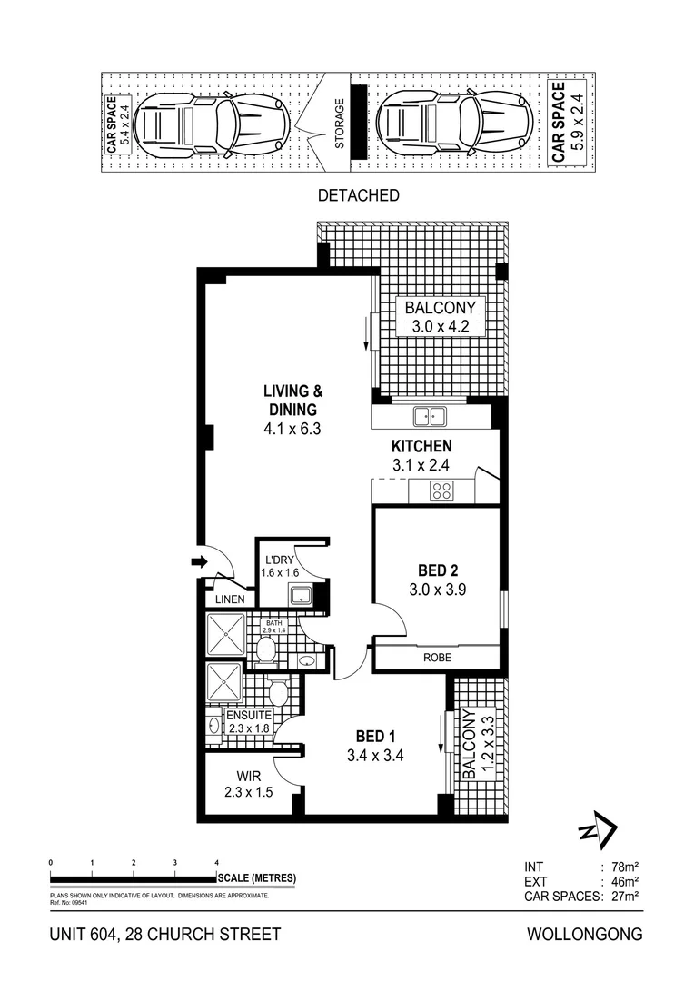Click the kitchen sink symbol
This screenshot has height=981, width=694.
(x=428, y=417)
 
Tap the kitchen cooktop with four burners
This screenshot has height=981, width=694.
(x=441, y=491)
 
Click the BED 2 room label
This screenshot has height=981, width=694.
(x=437, y=570)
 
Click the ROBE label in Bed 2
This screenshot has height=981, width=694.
(x=436, y=658)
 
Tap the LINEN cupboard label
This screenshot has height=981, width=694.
(x=229, y=600)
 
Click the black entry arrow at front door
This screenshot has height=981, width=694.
(x=199, y=563)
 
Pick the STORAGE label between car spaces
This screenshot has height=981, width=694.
(x=339, y=124)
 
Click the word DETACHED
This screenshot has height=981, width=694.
(x=359, y=195)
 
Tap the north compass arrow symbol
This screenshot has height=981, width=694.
(x=599, y=829)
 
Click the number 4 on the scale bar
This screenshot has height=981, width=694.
(x=216, y=862)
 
